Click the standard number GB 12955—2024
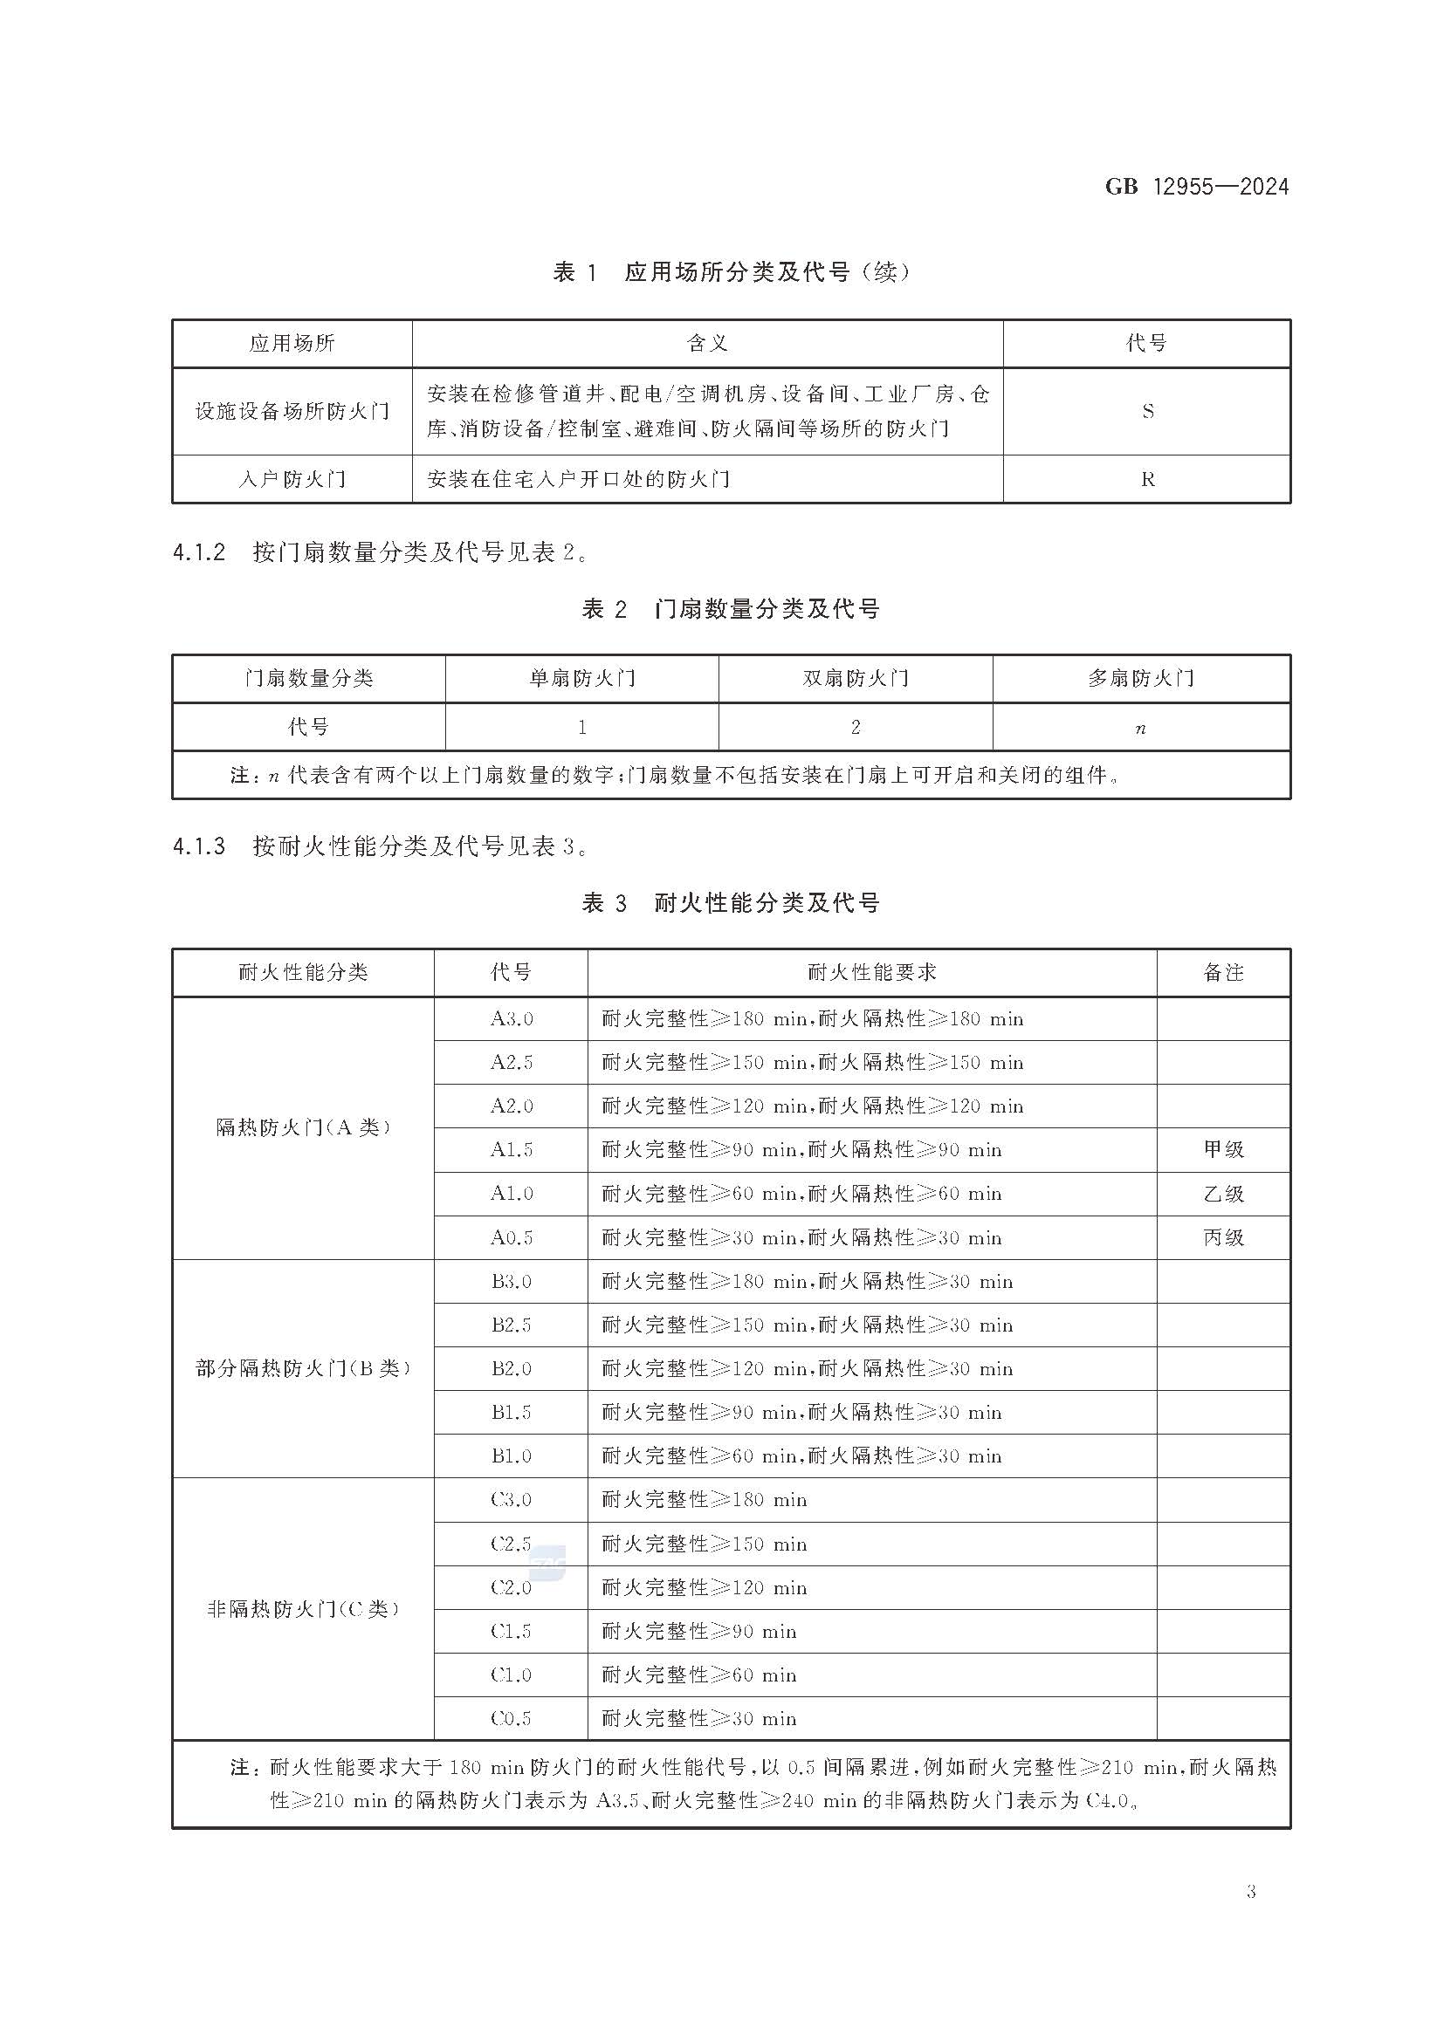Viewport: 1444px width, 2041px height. click(1196, 187)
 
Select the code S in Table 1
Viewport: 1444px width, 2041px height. click(1147, 412)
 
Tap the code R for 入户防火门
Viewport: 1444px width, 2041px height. click(1147, 480)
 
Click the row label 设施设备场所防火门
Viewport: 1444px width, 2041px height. click(292, 412)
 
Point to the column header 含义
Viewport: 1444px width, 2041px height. click(707, 343)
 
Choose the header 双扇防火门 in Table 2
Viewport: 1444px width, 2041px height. click(855, 679)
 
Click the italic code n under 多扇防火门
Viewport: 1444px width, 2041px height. click(1141, 729)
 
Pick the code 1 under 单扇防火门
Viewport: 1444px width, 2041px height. click(581, 728)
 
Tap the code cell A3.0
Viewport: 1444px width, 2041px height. click(512, 1018)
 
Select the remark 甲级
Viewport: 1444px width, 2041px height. click(1223, 1150)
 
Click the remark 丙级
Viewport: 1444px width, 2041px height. click(1223, 1237)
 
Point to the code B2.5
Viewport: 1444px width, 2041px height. click(512, 1325)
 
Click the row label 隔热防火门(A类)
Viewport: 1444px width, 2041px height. click(303, 1128)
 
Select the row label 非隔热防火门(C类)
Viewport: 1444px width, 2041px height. click(303, 1609)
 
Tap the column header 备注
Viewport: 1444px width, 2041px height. click(1223, 972)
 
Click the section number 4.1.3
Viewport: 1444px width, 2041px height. click(199, 846)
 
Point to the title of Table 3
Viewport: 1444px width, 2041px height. click(731, 904)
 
